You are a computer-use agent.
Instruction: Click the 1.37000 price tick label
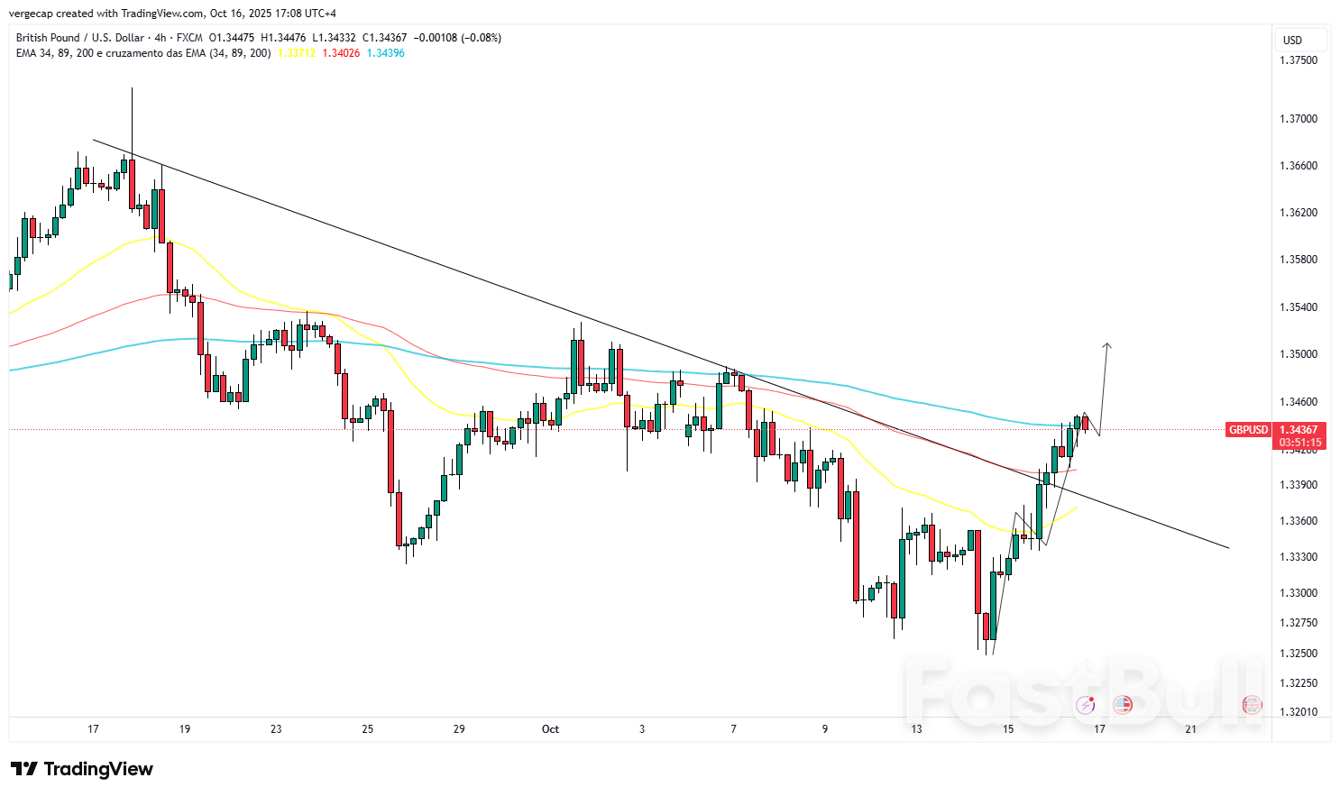[1299, 119]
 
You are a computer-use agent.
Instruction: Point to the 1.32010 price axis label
[1299, 712]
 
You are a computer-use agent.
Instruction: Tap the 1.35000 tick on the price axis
[1299, 354]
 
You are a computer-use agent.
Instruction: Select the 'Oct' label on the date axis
[550, 729]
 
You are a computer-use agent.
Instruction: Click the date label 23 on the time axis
[276, 729]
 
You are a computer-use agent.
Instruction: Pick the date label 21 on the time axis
[1191, 729]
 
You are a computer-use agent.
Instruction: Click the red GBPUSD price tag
[1248, 430]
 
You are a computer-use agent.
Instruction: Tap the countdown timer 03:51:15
[1299, 443]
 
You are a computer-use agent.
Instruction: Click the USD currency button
[1293, 40]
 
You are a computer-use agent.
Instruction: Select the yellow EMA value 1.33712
[297, 53]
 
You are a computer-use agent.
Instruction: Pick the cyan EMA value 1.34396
[385, 53]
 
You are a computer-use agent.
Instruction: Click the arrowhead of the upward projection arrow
[1107, 345]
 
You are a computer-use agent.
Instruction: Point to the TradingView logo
[82, 769]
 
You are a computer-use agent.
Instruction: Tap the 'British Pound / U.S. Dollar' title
[80, 38]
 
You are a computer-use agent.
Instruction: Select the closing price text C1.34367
[384, 38]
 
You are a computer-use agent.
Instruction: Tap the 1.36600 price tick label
[1299, 166]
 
